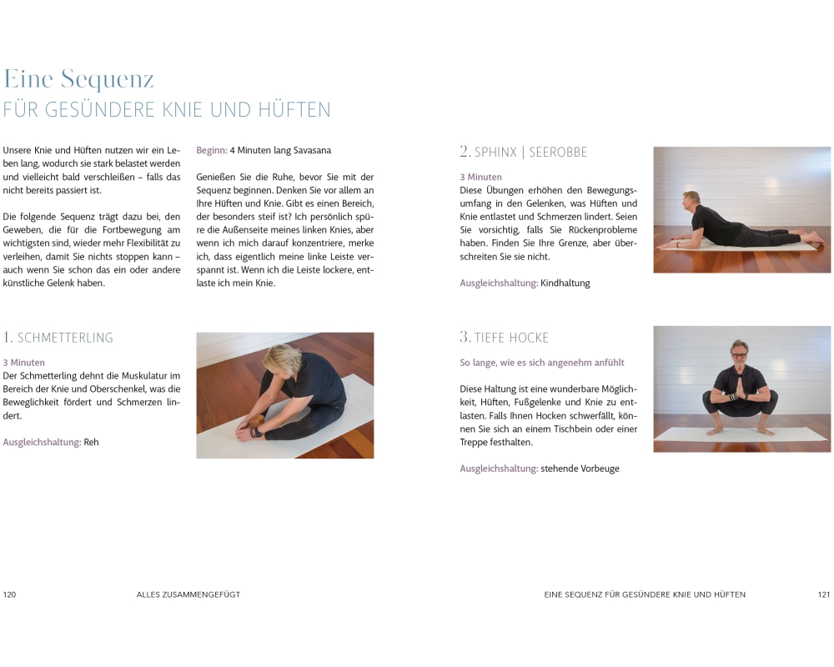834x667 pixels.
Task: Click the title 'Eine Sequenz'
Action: point(78,79)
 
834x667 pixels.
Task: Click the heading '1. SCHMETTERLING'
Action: point(58,337)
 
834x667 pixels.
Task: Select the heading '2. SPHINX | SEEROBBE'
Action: point(524,152)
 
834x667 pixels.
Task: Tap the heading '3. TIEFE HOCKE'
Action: point(504,337)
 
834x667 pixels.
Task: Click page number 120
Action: point(9,594)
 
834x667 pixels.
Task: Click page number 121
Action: point(824,594)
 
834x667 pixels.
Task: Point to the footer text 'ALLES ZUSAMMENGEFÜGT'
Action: point(188,594)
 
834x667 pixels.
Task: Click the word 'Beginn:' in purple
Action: point(212,151)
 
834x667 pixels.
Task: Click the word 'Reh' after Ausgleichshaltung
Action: point(92,442)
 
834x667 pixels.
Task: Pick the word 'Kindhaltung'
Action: point(565,283)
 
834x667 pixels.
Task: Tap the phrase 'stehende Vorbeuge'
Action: point(580,469)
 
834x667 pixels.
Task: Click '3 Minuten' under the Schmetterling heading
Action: point(24,363)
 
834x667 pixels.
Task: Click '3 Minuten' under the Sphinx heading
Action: point(481,177)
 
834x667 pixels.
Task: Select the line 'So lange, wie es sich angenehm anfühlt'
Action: point(542,363)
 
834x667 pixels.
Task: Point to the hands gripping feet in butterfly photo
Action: point(248,429)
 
